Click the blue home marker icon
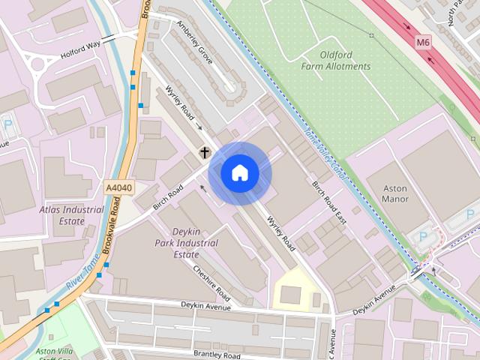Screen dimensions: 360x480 (240, 173)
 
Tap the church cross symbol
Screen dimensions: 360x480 (203, 153)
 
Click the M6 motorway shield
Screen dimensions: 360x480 (424, 43)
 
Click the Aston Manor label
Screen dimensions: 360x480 (395, 193)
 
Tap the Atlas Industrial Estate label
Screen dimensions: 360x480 (72, 215)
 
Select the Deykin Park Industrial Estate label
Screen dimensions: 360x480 (186, 243)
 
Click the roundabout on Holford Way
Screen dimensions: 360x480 (38, 63)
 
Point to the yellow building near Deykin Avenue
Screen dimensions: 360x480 (291, 294)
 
